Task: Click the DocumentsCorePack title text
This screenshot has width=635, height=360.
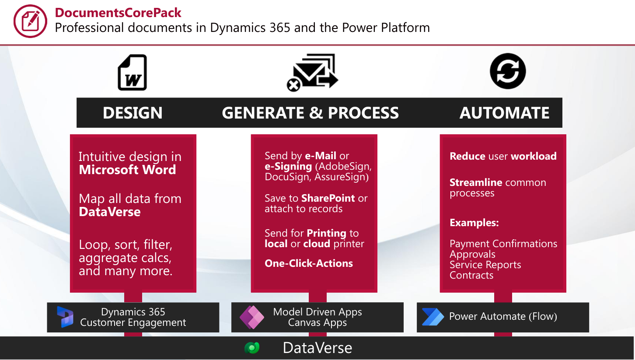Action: [118, 13]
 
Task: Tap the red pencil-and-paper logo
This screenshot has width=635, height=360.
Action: [30, 21]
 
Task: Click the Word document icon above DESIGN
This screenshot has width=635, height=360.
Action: [133, 72]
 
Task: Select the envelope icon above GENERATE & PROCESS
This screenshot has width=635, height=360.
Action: [312, 73]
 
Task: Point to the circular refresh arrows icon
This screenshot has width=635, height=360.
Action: [508, 71]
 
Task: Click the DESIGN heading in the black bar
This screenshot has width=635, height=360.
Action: [133, 113]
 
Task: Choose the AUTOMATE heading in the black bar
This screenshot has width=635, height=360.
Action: [504, 113]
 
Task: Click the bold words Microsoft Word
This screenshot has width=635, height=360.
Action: [127, 170]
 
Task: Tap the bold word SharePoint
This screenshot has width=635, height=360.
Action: [328, 198]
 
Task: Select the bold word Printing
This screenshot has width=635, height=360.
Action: [327, 233]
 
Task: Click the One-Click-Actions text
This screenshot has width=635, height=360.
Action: [309, 263]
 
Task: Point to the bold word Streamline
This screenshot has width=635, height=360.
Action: [476, 182]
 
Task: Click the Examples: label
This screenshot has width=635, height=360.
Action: [474, 223]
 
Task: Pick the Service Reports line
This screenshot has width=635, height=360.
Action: [485, 265]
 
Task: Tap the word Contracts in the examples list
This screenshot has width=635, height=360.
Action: [471, 275]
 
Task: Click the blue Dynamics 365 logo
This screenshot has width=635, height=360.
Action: [65, 317]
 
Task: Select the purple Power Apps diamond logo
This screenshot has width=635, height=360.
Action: [252, 317]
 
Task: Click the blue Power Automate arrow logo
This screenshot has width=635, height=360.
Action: [433, 317]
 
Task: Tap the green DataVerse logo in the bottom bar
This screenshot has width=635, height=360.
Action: [252, 348]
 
